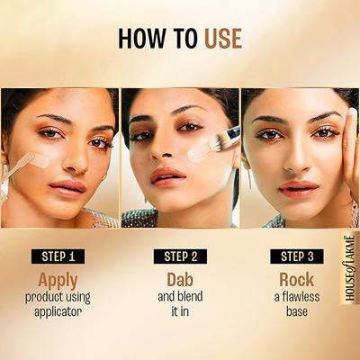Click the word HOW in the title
(x=146, y=39)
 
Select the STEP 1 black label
(x=59, y=256)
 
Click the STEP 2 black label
(x=180, y=256)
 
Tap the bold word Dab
(x=180, y=279)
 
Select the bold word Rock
(x=296, y=279)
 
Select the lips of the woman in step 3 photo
(x=298, y=187)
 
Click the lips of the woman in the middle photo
(x=168, y=175)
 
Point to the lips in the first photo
(x=66, y=187)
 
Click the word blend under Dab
(x=192, y=297)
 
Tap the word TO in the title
(x=185, y=39)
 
